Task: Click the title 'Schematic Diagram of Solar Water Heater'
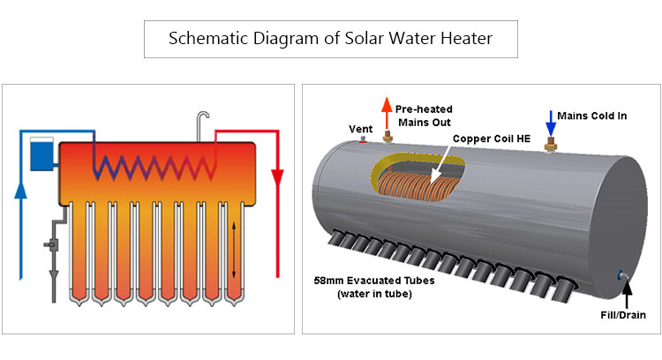331,40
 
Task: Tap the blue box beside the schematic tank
40,154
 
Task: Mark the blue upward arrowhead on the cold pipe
22,190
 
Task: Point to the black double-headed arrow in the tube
234,251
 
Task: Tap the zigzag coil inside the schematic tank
155,164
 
